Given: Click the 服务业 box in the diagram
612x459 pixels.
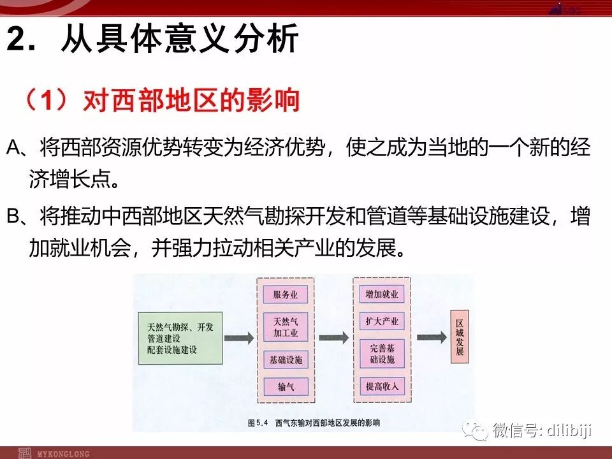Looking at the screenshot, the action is tap(286, 295).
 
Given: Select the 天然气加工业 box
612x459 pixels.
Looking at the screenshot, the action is tap(286, 326).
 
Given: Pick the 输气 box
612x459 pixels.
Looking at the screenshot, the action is tap(286, 386).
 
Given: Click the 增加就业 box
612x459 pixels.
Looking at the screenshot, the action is tap(381, 295).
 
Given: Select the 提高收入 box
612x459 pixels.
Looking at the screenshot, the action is tap(381, 386).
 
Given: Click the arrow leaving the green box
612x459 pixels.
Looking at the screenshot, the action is tap(238, 339).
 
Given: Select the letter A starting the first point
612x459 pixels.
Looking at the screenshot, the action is tap(14, 149).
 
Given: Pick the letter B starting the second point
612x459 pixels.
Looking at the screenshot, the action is tap(14, 217).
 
